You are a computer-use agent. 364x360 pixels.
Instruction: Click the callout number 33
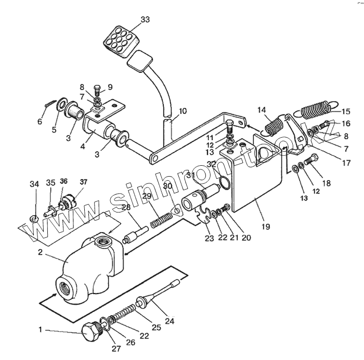pos(145,19)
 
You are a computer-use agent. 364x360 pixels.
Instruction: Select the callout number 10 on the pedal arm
pos(182,111)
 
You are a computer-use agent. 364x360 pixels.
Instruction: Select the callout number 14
pos(261,110)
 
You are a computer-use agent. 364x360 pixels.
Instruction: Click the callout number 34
pos(34,183)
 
